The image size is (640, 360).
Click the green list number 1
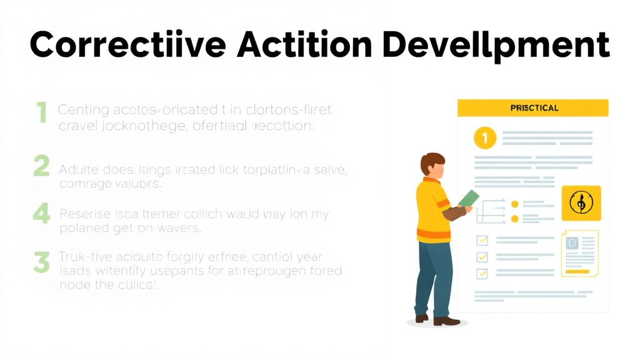41,113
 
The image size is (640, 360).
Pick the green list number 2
41,167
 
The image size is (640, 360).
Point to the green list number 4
41,214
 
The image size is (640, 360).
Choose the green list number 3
41,262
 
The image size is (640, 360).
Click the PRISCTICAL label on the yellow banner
534,108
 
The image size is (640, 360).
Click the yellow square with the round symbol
581,202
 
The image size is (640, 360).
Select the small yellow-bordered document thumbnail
579,252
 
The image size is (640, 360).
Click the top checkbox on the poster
482,241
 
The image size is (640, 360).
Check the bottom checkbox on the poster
482,273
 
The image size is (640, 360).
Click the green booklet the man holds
469,198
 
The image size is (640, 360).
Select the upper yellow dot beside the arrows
514,204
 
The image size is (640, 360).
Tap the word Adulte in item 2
76,169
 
